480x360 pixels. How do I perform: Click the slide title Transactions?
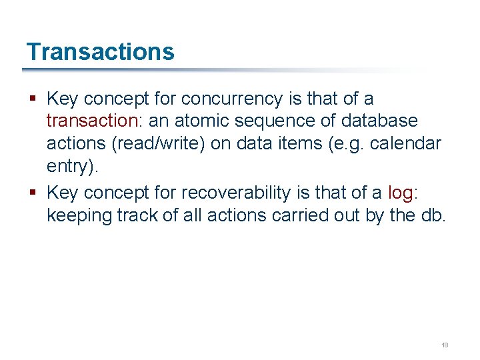pos(100,52)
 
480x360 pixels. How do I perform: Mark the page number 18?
pos(445,345)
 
